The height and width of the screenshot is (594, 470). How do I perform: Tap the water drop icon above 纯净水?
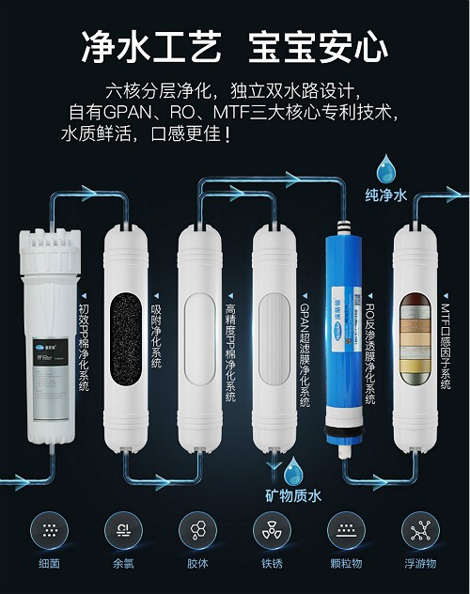click(x=385, y=172)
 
